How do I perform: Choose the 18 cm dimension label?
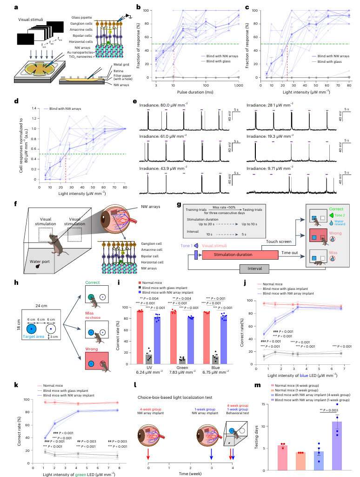(x=10, y=318)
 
